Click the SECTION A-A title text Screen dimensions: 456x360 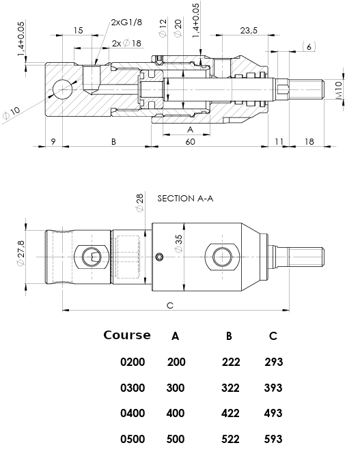[185, 199]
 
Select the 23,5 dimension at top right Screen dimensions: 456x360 [249, 31]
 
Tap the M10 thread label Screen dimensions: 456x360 [339, 89]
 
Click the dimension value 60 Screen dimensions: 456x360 [190, 141]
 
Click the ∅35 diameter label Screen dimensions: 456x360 [178, 244]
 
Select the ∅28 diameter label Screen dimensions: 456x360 [139, 202]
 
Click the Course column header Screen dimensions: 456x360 [127, 335]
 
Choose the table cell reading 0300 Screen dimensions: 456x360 [133, 388]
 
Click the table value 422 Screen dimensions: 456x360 [231, 414]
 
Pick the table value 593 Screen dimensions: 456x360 [273, 440]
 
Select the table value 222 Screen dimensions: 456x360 [231, 362]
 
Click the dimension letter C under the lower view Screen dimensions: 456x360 [170, 305]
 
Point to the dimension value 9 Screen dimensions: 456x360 [53, 141]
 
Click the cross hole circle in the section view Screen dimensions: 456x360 [62, 89]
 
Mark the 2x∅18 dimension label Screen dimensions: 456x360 [126, 43]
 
